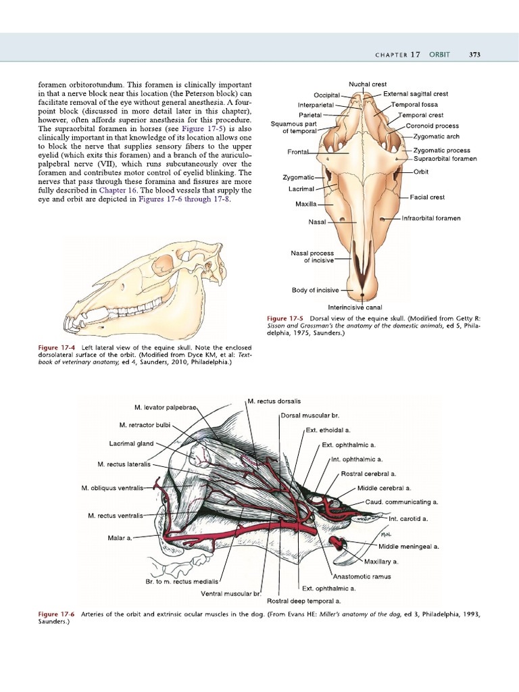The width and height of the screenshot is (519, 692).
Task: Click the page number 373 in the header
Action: tap(474, 55)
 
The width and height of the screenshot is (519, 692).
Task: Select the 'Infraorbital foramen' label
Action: tap(431, 218)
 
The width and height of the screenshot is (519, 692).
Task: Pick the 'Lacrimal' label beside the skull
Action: tap(301, 189)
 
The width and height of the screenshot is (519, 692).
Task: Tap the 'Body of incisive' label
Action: tap(315, 291)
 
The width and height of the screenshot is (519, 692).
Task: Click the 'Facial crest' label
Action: tap(427, 197)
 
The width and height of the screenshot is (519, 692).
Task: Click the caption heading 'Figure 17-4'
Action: tap(55, 347)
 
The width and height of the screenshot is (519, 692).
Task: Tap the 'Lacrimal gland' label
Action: tap(131, 444)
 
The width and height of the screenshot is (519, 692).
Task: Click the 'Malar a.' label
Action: tap(119, 538)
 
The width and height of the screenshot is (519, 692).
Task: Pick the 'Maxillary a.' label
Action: tap(381, 562)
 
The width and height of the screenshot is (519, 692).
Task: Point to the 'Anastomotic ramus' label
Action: tap(362, 576)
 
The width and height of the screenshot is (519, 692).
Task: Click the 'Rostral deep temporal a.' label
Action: tap(303, 600)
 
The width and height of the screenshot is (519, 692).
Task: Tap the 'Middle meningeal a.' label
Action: tap(409, 546)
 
